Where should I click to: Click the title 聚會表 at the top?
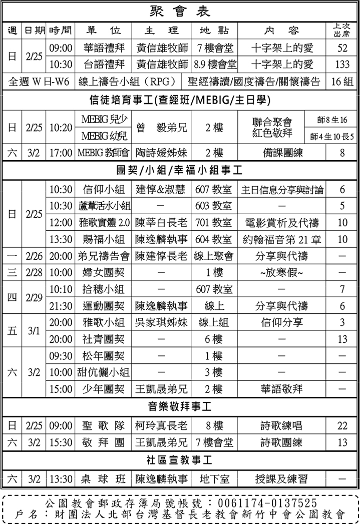180,11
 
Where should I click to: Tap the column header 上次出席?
342,30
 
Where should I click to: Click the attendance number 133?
342,64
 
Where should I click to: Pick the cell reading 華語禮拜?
103,48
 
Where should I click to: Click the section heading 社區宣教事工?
180,459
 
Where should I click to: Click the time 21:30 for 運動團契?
61,306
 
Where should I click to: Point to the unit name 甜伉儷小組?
103,372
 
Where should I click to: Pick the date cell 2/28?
34,273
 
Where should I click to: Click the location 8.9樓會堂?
214,64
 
